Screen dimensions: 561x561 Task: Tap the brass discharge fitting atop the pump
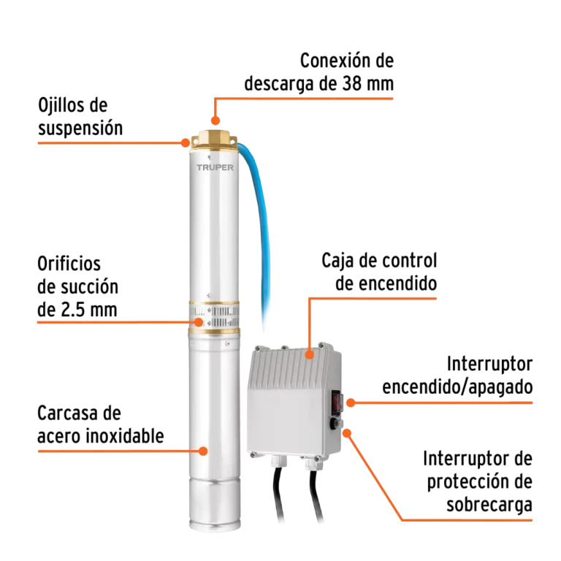[x=213, y=139]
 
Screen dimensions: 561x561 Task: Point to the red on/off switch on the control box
[x=338, y=400]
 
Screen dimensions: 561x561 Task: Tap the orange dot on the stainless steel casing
[x=203, y=450]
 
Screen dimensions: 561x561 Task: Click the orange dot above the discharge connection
[x=215, y=121]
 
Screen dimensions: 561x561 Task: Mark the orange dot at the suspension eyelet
[x=186, y=142]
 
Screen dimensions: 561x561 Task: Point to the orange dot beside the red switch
[x=351, y=402]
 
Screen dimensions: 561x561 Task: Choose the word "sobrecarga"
[x=489, y=505]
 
